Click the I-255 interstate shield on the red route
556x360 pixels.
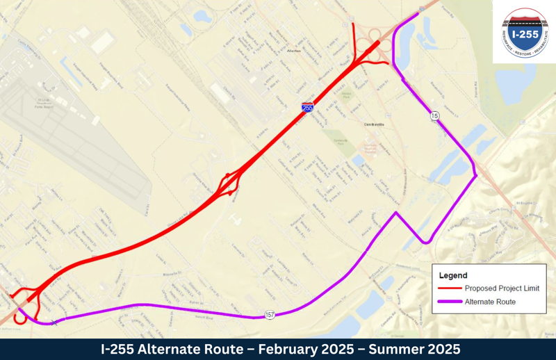click(307, 107)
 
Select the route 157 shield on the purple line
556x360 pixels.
click(270, 316)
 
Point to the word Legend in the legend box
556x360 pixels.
click(453, 275)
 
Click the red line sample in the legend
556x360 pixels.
click(450, 288)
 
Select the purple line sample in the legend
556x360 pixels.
click(450, 302)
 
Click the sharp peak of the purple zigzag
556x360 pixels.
click(397, 213)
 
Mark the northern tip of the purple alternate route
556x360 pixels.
click(418, 13)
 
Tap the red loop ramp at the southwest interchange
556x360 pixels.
click(21, 295)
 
